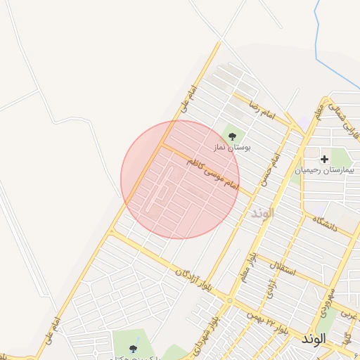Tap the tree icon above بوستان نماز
coord(233,135)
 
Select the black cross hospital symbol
coord(324,160)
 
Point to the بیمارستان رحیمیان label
coord(326,170)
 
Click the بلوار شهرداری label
coord(211,320)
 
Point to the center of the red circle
coord(180,179)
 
